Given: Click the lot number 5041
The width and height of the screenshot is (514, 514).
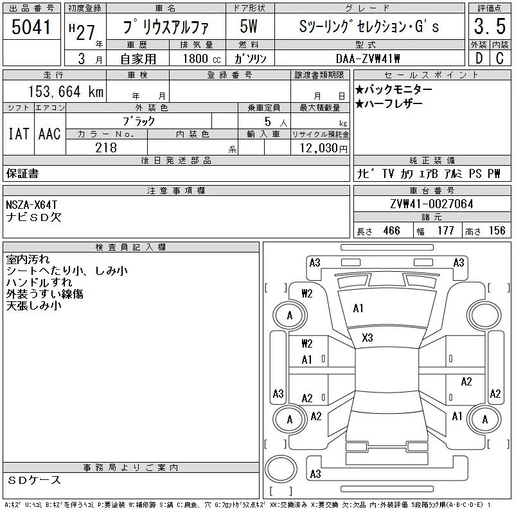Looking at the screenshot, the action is pos(31,27).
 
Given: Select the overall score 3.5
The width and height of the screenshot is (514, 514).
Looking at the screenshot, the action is pos(490,26).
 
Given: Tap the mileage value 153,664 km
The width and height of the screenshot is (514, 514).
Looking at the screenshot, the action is pos(66,91).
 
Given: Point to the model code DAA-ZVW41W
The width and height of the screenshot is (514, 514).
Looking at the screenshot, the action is pos(368,58).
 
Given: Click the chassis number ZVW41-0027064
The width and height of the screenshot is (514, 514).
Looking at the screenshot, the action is pos(432,204).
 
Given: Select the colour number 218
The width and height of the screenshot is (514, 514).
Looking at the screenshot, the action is pos(106,148).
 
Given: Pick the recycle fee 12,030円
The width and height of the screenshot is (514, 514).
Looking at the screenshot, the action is pos(324,148).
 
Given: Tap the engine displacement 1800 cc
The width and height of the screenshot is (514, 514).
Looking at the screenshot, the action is pos(202,58).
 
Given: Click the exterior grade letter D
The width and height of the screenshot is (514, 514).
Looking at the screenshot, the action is pos(479,58).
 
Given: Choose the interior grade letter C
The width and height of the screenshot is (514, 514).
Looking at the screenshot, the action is pos(500,58).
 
